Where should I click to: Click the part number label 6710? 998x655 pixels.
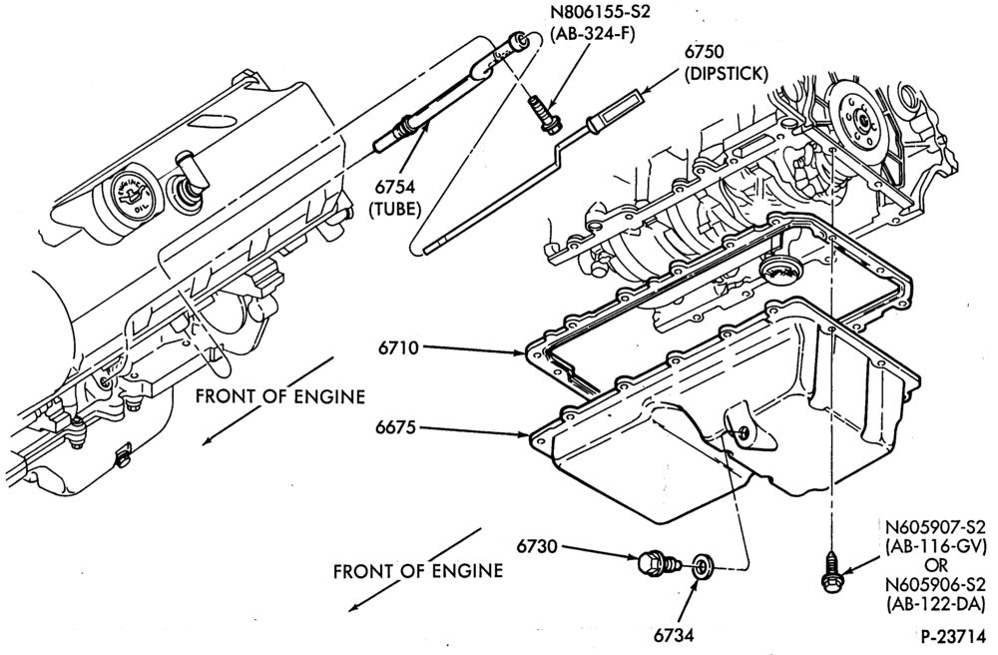coord(398,348)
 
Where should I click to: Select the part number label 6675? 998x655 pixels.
coord(395,427)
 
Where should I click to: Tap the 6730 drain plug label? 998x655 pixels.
coord(537,547)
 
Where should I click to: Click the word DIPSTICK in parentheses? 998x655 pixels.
coord(727,74)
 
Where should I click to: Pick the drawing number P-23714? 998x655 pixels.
coord(953,636)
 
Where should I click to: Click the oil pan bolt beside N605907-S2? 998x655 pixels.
coord(828,573)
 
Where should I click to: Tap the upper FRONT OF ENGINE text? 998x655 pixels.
coord(280,396)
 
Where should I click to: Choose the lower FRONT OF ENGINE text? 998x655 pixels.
coord(418,571)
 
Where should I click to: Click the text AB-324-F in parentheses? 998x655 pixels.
coord(595,34)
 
